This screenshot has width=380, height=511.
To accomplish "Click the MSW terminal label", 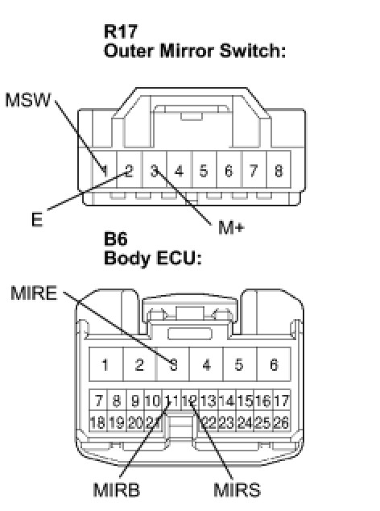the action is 28,100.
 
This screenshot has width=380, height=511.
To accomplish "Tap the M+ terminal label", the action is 231,227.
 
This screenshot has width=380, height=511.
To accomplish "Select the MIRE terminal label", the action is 34,293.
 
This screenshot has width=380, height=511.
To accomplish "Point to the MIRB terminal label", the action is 117,490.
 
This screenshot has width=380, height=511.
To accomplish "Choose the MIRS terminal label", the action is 237,490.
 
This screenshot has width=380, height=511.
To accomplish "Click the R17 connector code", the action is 121,31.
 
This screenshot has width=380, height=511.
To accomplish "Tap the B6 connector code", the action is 116,239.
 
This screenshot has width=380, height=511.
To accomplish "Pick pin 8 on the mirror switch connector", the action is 279,170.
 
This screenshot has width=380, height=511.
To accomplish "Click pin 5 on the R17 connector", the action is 204,170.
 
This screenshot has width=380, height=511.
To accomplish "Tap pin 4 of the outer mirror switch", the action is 179,170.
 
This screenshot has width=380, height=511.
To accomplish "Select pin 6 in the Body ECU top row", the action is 274,364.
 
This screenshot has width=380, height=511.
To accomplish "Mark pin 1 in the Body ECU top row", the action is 105,364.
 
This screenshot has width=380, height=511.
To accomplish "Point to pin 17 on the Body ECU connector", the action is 282,401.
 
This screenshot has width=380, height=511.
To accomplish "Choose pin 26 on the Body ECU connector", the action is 282,422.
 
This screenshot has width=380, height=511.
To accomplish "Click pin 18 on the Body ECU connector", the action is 97,422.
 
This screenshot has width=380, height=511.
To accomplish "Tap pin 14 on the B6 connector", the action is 227,401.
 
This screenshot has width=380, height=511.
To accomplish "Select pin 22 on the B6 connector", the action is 209,422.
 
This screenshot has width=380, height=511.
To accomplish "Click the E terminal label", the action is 37,219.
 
